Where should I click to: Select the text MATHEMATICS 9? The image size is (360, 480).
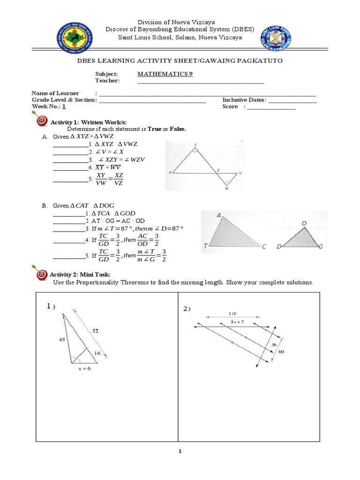coord(165,74)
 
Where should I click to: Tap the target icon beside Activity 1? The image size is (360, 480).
coord(41,121)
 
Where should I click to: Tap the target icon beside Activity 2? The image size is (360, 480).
coord(41,274)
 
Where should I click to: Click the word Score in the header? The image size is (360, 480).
coord(231,107)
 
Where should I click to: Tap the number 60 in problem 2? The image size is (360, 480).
coord(281,351)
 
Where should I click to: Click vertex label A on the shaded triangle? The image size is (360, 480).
coord(219,216)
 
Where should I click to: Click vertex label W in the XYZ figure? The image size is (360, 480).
coord(227,189)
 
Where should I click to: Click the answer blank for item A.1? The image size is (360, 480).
coord(70,144)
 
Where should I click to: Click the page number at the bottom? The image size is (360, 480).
coord(180,451)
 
